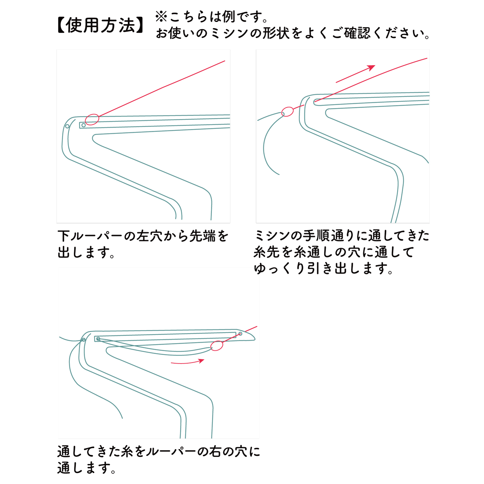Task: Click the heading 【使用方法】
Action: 101,25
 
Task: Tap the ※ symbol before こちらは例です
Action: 161,17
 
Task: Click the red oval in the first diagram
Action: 92,119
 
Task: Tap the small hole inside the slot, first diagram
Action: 84,125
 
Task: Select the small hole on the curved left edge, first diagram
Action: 67,126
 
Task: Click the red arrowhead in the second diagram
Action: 371,68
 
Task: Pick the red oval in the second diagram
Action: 287,112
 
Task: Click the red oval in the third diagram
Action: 217,346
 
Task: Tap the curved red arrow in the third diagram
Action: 187,362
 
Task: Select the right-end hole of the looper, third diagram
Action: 240,334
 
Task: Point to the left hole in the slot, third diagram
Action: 98,339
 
